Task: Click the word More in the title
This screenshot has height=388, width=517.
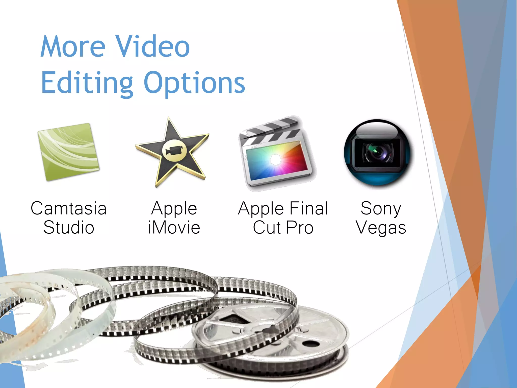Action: click(73, 47)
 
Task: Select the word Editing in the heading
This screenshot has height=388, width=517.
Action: click(87, 83)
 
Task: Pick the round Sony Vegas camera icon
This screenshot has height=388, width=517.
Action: click(377, 153)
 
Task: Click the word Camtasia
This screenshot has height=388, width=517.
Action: click(69, 208)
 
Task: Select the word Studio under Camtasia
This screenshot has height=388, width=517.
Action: click(69, 228)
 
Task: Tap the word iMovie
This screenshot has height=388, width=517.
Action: click(174, 228)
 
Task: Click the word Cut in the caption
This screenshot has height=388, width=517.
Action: click(267, 228)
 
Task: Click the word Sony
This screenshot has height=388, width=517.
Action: click(381, 208)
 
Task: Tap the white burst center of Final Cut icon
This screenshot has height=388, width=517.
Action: click(275, 160)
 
